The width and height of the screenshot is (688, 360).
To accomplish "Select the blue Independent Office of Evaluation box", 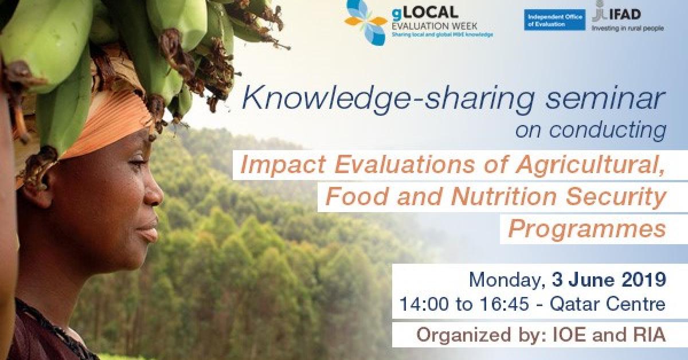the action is click(x=555, y=20).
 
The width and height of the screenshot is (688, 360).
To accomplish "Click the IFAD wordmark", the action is click(x=625, y=14).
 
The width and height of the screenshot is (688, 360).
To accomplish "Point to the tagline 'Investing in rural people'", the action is click(x=628, y=29).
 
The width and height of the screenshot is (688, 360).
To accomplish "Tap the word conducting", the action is click(x=608, y=131).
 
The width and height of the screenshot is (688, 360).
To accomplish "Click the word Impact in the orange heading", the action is click(x=283, y=165).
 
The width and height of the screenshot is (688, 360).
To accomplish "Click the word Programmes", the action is click(x=587, y=229).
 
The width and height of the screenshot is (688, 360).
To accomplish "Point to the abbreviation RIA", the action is click(x=647, y=335).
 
